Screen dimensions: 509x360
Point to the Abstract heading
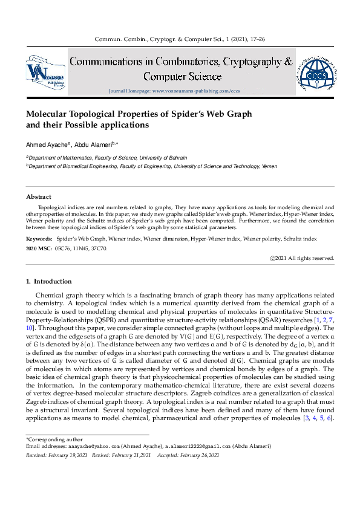39,197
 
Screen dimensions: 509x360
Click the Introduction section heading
49,281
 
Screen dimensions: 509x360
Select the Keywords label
39,239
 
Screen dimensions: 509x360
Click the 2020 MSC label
39,247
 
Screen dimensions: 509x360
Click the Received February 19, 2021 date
57,455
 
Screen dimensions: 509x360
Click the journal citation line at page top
180,39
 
